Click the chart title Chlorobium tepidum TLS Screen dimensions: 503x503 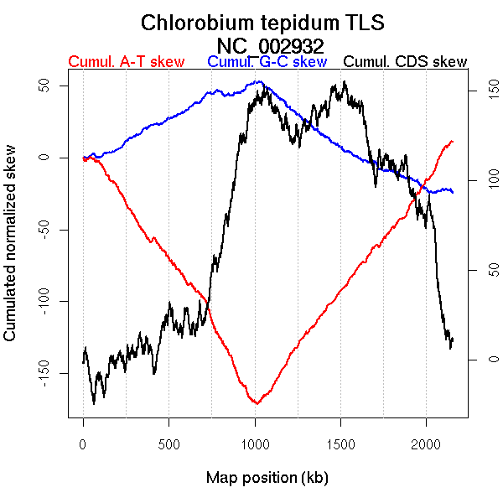coord(262,23)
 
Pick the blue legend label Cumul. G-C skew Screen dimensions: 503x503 coord(267,62)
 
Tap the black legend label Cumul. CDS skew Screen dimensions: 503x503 coord(406,62)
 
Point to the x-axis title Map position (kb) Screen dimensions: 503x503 coord(267,478)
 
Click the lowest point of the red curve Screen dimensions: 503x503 coord(257,403)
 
